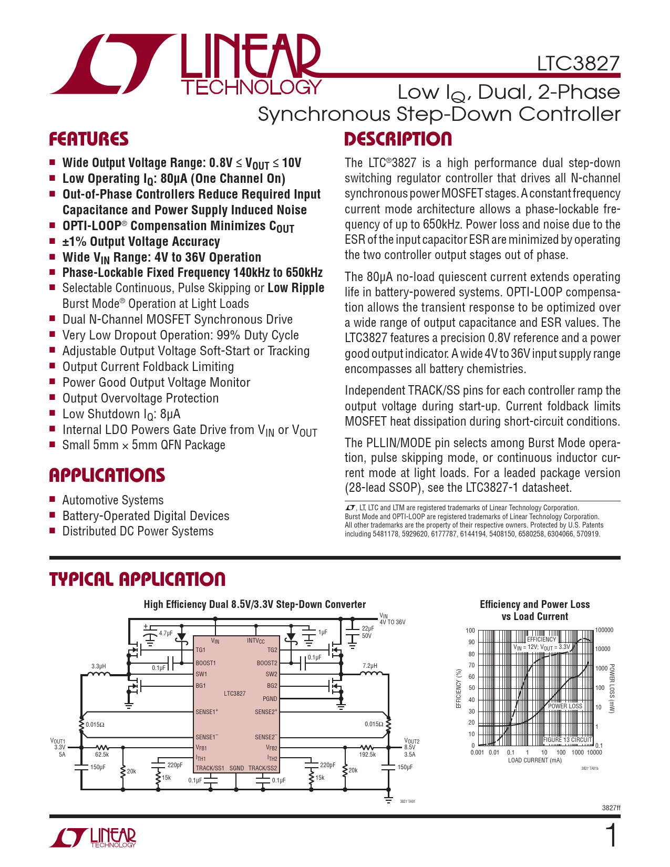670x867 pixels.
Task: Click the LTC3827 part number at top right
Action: click(x=578, y=64)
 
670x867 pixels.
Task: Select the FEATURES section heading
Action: click(x=89, y=139)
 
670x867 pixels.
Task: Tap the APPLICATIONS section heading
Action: click(x=107, y=475)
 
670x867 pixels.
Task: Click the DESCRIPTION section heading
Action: click(x=398, y=139)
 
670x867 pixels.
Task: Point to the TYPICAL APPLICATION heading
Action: click(x=137, y=579)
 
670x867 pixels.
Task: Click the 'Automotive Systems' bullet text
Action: click(x=113, y=500)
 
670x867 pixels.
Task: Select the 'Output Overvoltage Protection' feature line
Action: click(x=140, y=398)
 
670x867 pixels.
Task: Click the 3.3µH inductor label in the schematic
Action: click(x=99, y=666)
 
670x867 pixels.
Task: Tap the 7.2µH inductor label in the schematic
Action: click(x=370, y=666)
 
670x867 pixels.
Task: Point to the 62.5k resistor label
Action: click(x=102, y=755)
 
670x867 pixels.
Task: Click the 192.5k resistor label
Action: click(x=367, y=755)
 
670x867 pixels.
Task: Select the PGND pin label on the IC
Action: click(x=270, y=699)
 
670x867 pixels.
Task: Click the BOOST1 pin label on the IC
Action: click(x=205, y=663)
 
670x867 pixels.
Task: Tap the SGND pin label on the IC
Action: click(x=236, y=768)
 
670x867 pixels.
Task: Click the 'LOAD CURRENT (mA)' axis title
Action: click(x=534, y=760)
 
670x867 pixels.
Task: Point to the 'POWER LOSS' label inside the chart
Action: click(x=565, y=706)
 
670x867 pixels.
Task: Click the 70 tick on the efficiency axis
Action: click(x=471, y=665)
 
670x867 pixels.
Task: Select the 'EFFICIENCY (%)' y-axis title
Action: click(x=458, y=688)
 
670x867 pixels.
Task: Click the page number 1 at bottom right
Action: click(x=612, y=836)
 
